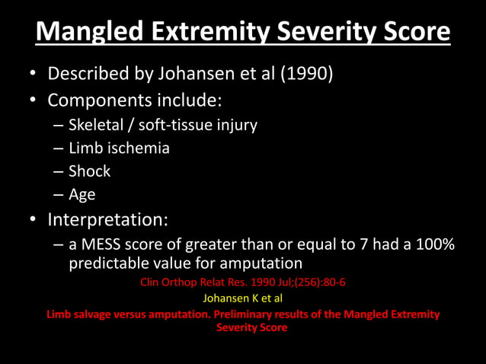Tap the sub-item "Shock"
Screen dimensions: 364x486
click(x=89, y=171)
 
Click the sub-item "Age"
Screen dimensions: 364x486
click(x=82, y=195)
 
